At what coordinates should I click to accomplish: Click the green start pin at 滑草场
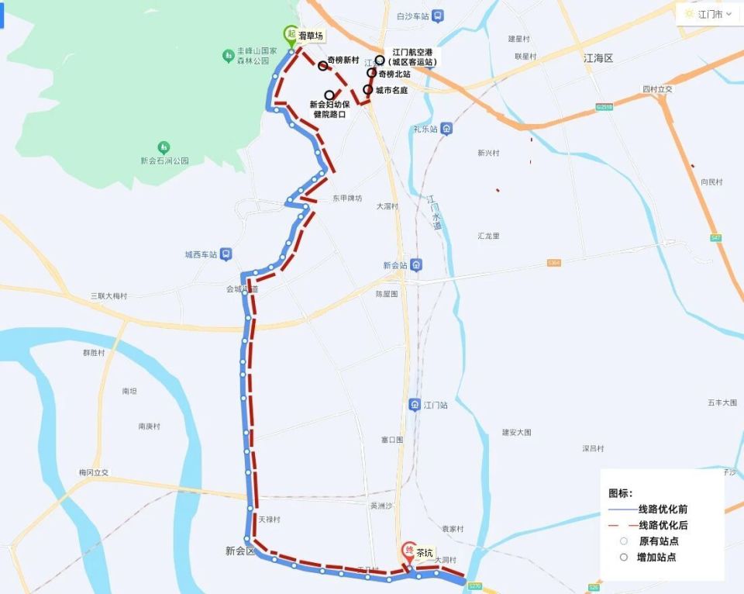pyautogui.click(x=291, y=35)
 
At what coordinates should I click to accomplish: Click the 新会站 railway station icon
pyautogui.click(x=416, y=265)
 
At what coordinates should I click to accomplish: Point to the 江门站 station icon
pyautogui.click(x=415, y=405)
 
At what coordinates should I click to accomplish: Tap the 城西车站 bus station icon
pyautogui.click(x=225, y=254)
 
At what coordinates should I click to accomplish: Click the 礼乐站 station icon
pyautogui.click(x=446, y=129)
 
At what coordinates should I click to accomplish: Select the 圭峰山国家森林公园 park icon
pyautogui.click(x=228, y=55)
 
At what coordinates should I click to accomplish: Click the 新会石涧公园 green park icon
pyautogui.click(x=164, y=147)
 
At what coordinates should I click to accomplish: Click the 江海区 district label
pyautogui.click(x=598, y=59)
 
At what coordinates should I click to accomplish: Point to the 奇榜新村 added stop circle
pyautogui.click(x=322, y=66)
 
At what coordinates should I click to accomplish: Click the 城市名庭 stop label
pyautogui.click(x=391, y=90)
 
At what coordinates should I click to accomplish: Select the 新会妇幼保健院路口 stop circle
pyautogui.click(x=329, y=95)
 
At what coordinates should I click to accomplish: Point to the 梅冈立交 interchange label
pyautogui.click(x=94, y=472)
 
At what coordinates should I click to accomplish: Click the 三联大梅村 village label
pyautogui.click(x=108, y=295)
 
